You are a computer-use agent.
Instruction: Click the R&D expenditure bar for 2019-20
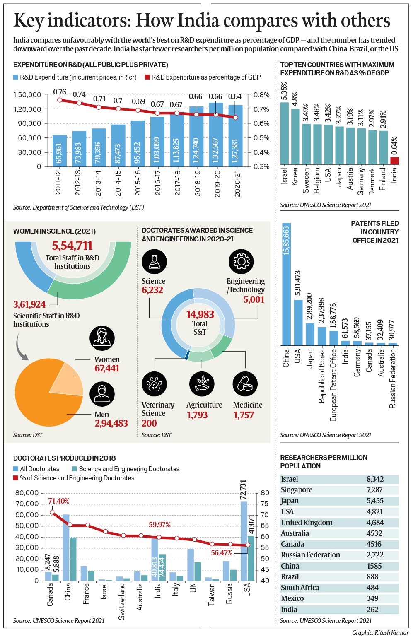(216, 137)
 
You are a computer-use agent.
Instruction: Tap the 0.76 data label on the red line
(60, 92)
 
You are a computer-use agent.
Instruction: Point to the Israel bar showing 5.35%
(284, 133)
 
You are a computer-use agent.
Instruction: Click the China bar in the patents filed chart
(286, 286)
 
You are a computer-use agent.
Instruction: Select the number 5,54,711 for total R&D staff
(72, 246)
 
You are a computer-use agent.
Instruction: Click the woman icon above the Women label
(102, 338)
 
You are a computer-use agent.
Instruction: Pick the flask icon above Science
(154, 262)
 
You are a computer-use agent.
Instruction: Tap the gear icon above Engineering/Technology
(241, 262)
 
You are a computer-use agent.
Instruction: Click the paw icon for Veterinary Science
(154, 384)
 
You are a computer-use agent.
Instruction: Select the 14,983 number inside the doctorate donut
(200, 315)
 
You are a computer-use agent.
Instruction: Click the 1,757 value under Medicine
(244, 415)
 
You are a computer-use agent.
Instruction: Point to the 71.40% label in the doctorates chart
(58, 501)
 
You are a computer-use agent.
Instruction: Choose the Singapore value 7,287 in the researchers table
(374, 490)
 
